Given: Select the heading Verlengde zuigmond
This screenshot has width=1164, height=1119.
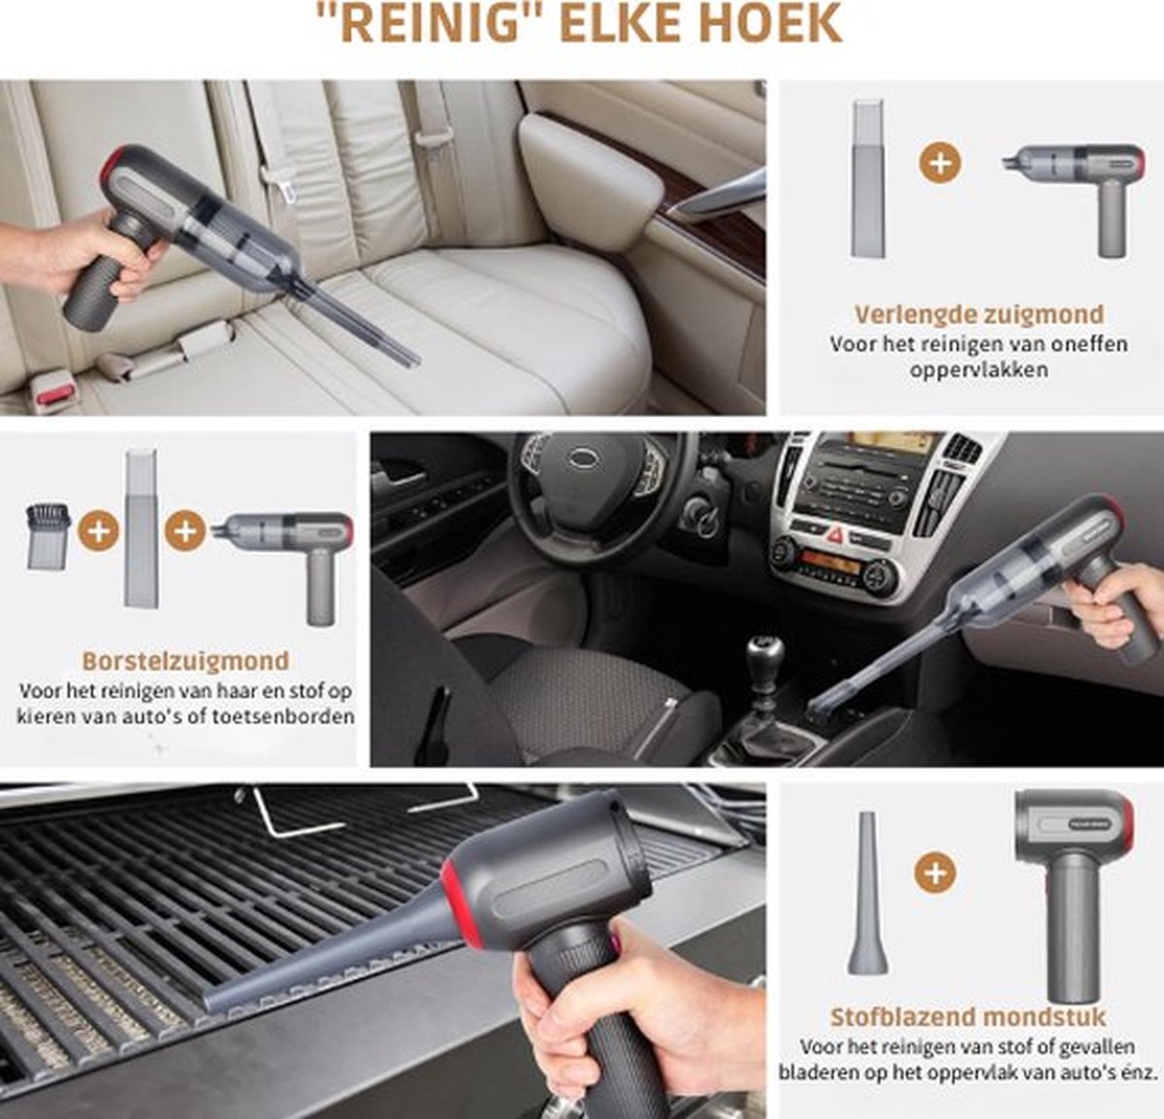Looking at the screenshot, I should (x=979, y=314).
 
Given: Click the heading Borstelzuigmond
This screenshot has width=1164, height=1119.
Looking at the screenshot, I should (x=185, y=661).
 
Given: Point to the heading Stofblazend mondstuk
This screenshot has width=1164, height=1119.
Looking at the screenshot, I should (x=968, y=1017).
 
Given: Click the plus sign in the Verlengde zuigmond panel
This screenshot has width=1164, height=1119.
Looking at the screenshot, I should (x=939, y=162).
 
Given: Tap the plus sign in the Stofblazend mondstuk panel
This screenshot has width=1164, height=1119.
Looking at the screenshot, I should (x=935, y=873).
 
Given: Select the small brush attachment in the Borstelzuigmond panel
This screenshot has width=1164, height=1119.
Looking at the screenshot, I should (x=48, y=534).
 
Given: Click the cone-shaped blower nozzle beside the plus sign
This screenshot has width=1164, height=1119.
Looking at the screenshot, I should (x=866, y=894).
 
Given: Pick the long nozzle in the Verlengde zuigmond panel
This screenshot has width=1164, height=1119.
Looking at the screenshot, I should (x=867, y=177).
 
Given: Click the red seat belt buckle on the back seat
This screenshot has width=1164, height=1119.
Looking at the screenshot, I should (x=54, y=393).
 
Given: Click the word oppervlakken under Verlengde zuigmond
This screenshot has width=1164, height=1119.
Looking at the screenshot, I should (x=979, y=369).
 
